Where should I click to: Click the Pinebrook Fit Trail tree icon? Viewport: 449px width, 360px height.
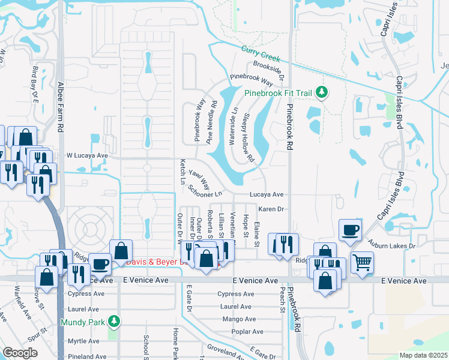[x=323, y=92]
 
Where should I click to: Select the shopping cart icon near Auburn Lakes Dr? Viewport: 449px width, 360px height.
[x=362, y=262]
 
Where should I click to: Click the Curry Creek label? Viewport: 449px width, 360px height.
[x=261, y=54]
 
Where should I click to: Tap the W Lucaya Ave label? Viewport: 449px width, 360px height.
[x=86, y=155]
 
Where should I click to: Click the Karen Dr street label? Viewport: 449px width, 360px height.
[x=271, y=209]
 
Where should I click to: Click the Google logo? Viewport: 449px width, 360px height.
[x=20, y=352]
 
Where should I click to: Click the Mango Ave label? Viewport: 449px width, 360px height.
[x=238, y=319]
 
